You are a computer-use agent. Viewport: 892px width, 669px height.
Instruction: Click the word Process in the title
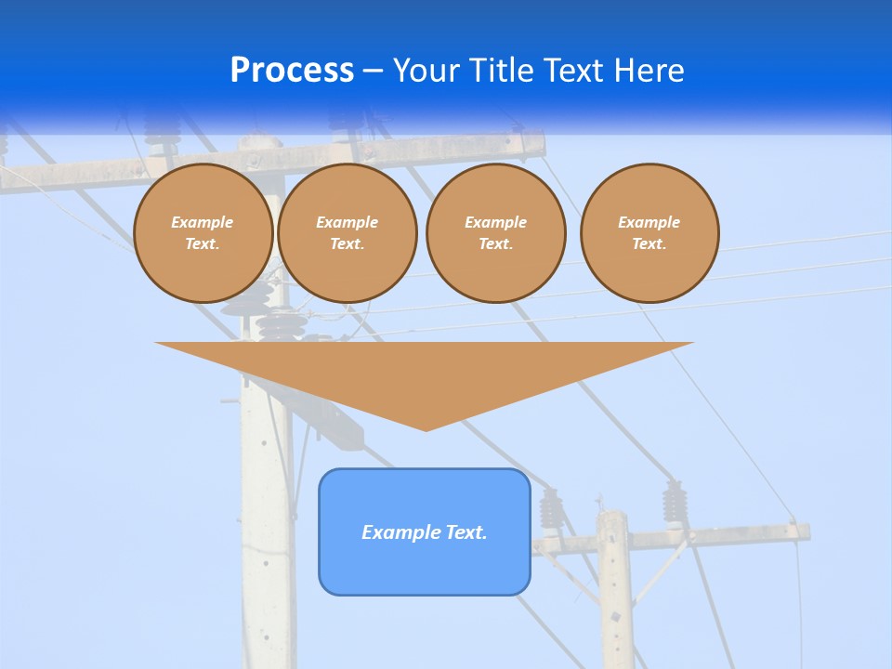292,71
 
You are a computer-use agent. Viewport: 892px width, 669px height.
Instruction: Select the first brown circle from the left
203,233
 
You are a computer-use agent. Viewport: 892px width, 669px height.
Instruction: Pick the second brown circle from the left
348,233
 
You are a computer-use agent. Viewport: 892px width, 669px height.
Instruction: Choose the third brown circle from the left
496,233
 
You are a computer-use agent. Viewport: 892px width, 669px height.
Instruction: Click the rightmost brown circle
649,233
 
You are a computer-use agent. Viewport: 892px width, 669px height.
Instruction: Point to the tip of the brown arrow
426,429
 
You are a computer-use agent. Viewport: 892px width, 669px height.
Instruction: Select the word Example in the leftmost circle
203,223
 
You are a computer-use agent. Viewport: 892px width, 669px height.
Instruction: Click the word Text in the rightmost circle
649,244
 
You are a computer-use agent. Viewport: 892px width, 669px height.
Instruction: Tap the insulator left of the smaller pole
552,508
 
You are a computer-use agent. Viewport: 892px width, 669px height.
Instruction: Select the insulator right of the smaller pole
674,503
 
